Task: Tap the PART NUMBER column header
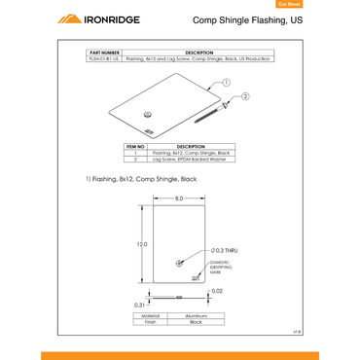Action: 104,53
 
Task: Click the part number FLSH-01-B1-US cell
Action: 104,59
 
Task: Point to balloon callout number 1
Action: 224,83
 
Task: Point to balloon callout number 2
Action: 245,96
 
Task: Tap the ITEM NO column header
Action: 134,147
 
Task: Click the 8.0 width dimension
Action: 179,198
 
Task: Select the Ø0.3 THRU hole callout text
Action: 226,251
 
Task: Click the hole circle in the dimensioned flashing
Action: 179,264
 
